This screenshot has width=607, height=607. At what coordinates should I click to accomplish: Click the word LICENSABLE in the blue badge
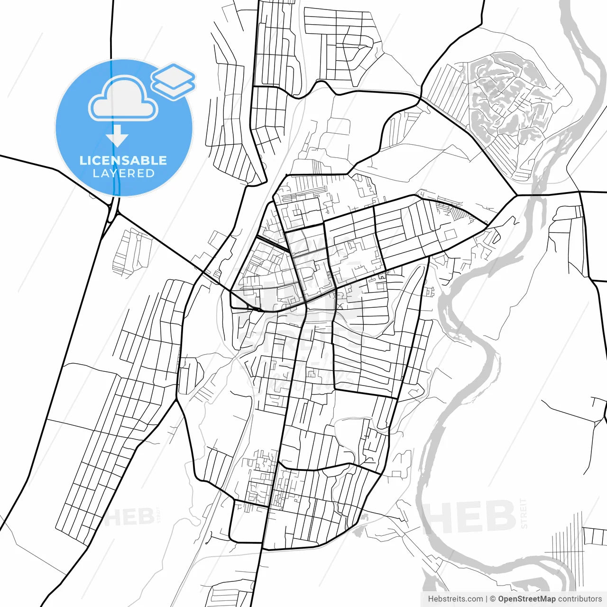123,160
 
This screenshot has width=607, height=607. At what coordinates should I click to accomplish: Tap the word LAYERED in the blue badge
123,174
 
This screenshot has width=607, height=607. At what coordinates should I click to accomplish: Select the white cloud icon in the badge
123,100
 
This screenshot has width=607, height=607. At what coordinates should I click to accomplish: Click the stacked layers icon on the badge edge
173,81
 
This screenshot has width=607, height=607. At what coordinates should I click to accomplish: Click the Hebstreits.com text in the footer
455,599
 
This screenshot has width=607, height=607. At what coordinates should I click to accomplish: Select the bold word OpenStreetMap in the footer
526,599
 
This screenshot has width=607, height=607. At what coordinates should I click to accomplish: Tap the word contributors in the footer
579,599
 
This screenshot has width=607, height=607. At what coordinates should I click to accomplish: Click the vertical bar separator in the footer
487,599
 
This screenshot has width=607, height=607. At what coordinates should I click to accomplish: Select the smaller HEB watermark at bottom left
129,517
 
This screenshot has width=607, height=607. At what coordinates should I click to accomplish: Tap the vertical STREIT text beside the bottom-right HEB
524,513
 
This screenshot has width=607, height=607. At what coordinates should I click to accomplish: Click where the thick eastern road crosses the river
536,195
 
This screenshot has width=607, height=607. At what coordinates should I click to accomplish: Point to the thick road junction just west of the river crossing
516,195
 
